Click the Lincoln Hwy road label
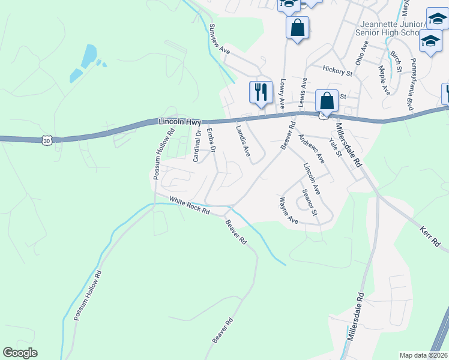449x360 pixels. (180, 122)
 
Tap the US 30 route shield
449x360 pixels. (47, 140)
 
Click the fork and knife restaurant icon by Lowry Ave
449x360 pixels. (261, 92)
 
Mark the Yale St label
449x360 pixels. (335, 148)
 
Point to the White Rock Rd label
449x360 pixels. (189, 206)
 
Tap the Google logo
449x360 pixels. (20, 353)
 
